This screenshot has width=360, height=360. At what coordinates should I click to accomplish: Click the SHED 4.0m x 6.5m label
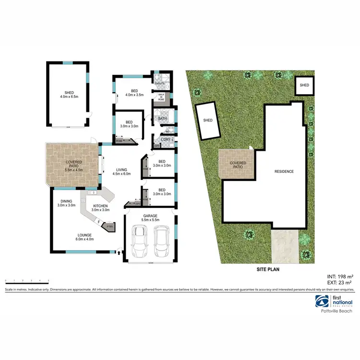(x=67, y=95)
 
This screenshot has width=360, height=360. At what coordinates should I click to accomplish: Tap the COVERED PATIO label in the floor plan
(x=74, y=166)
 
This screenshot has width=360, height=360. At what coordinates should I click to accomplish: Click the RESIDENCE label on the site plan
(x=284, y=171)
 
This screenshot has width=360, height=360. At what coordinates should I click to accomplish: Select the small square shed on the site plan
(x=304, y=85)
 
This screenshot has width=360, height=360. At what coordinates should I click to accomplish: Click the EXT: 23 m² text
(x=340, y=283)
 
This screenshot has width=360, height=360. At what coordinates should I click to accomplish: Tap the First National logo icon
(x=321, y=301)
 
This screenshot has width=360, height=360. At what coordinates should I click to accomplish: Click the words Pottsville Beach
(x=337, y=311)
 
